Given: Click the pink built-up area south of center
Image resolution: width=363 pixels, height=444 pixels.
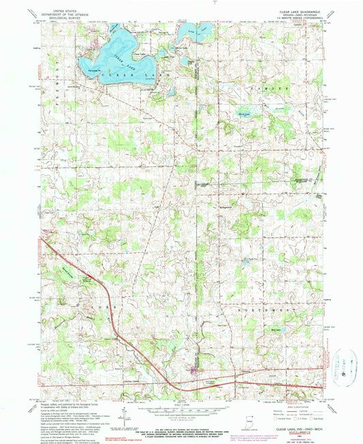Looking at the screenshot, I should tap(196, 371).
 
